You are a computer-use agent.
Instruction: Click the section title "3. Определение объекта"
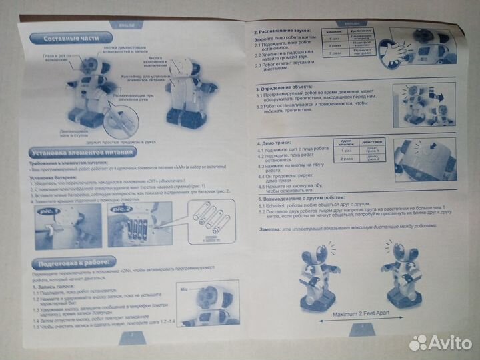point(289,88)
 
